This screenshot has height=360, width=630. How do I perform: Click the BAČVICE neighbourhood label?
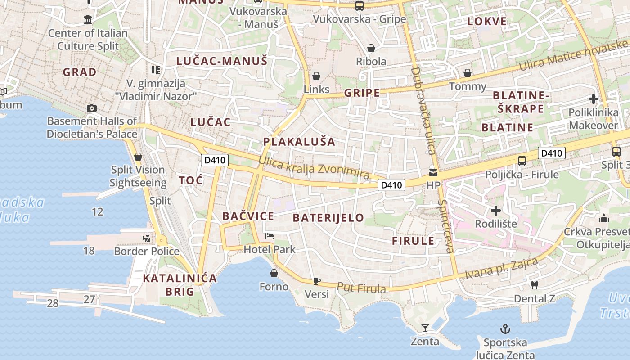[248, 216]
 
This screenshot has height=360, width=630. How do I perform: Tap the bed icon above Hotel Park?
[270, 236]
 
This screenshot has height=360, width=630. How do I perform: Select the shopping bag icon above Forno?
[274, 273]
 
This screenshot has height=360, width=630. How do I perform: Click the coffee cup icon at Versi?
[317, 281]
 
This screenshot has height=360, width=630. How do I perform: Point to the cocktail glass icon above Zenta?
[425, 328]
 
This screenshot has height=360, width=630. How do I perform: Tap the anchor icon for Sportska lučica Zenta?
[505, 329]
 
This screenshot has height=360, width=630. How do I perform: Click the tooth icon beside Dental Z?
[535, 285]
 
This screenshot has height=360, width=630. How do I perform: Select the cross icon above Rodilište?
[495, 210]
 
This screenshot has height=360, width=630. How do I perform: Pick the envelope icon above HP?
[433, 172]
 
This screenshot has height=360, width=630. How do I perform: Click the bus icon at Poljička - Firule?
[522, 161]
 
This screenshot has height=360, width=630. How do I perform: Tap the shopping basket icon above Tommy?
[468, 73]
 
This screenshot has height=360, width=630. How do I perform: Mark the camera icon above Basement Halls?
[91, 108]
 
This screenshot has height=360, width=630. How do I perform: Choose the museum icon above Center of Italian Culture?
[88, 20]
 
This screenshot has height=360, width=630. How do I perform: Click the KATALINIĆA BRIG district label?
[180, 284]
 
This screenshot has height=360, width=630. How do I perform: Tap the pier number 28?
[53, 303]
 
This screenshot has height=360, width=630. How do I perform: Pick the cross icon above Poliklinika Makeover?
[593, 99]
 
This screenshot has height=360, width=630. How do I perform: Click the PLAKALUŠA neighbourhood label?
[299, 142]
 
